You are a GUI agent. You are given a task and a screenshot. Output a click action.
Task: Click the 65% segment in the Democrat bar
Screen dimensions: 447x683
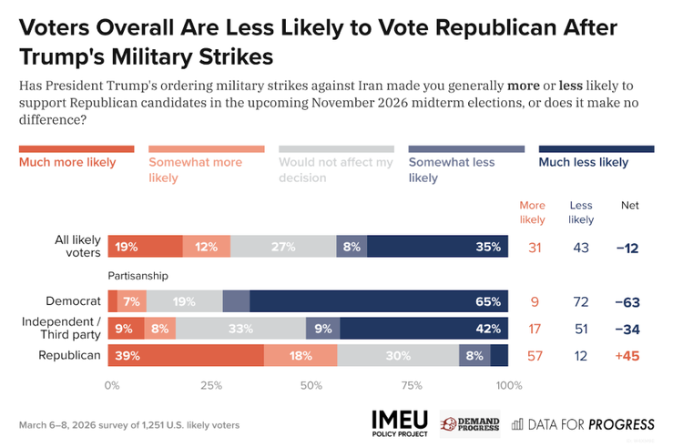(x=379, y=302)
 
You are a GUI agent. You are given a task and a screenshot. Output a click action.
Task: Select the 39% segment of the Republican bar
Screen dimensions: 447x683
(x=186, y=356)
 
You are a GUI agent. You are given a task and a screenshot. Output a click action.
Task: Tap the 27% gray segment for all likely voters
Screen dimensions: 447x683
(x=284, y=246)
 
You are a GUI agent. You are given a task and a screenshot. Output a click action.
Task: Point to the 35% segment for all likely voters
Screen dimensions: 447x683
(x=438, y=246)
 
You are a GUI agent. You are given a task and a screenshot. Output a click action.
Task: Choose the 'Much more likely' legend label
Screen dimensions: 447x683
(x=67, y=163)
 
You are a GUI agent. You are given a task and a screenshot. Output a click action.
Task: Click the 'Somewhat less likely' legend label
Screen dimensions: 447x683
(x=452, y=170)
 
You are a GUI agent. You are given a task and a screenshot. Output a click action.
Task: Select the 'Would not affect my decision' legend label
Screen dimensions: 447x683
(x=336, y=170)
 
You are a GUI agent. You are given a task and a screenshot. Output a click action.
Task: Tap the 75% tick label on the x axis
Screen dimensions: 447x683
(x=411, y=385)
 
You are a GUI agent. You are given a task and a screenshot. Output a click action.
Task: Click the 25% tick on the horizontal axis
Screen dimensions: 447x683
(x=210, y=385)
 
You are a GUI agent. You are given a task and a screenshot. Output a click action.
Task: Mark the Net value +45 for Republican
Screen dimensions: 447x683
(x=629, y=356)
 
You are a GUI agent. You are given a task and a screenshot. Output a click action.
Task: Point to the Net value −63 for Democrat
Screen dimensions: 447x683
(x=629, y=302)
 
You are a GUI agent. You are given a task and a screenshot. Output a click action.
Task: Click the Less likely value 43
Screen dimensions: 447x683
(x=580, y=247)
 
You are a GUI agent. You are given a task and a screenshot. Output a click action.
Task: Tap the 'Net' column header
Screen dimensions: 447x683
(x=629, y=206)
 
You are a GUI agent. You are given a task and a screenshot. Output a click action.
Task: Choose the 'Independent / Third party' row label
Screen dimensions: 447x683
(x=60, y=329)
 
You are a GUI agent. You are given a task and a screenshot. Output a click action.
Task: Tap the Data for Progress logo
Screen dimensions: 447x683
(x=583, y=423)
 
